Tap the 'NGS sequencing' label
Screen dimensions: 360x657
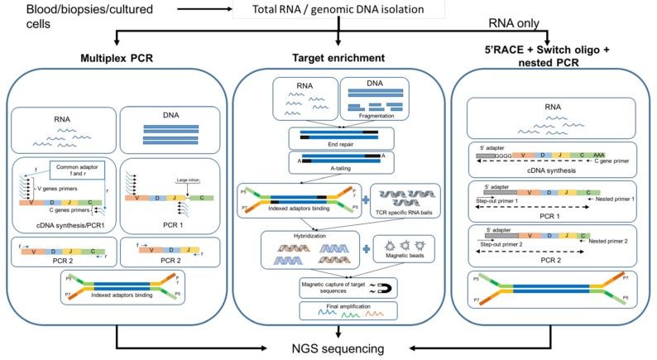point(339,348)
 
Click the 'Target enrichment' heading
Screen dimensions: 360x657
point(338,60)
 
